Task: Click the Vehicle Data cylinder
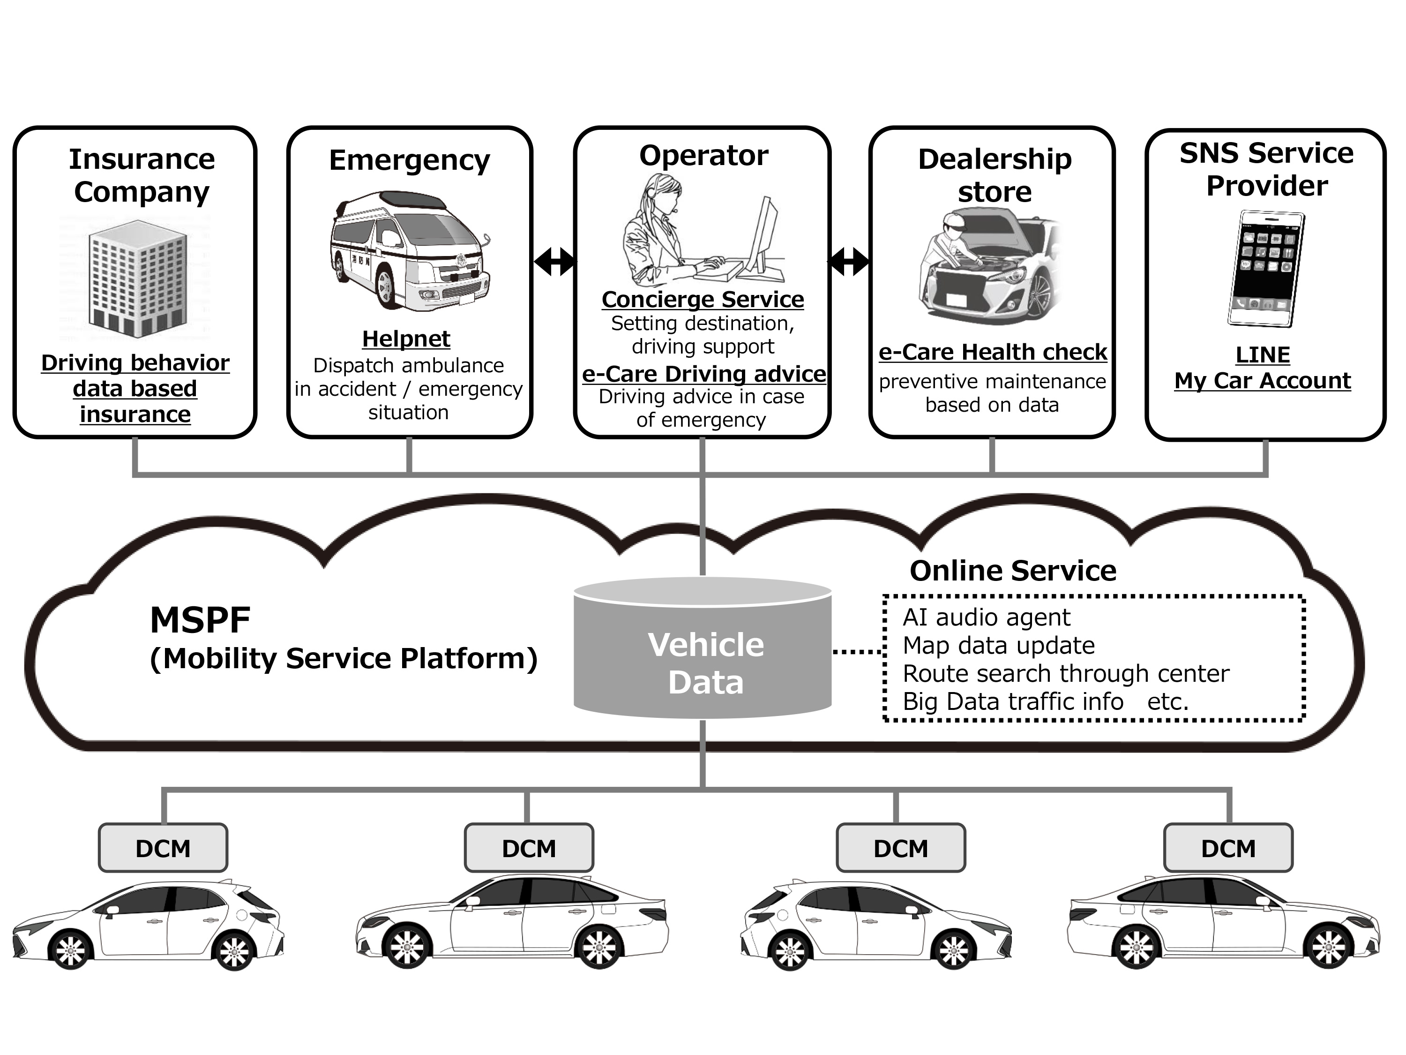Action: coord(703,648)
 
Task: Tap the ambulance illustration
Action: coord(410,251)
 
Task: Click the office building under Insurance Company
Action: coord(137,278)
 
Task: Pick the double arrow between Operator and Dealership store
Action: coord(849,261)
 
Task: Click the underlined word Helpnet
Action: coord(406,339)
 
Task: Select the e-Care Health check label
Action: coord(992,352)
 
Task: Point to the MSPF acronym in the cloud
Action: coord(200,620)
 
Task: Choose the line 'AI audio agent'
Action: coord(987,618)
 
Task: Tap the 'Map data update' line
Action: coord(999,646)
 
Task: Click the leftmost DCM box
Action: coord(163,848)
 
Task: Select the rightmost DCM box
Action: coord(1228,848)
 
